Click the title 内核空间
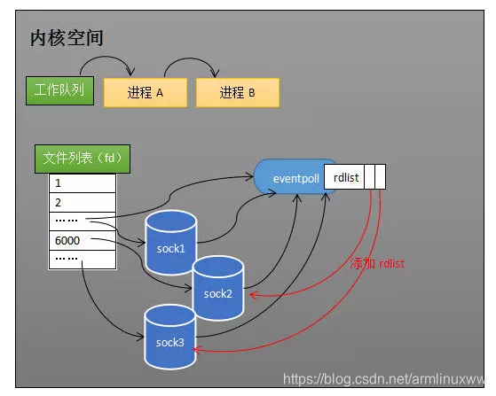[x=67, y=38]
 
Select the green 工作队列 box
[x=59, y=90]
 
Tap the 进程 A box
[x=146, y=93]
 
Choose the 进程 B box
[x=238, y=93]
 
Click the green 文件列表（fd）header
[x=83, y=159]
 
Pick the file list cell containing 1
[x=83, y=183]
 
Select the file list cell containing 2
[x=83, y=202]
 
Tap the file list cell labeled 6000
[x=83, y=241]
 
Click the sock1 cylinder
[x=171, y=243]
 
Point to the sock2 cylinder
[x=218, y=288]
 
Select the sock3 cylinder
[x=169, y=337]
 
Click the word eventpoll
[x=295, y=179]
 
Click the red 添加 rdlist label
[x=377, y=263]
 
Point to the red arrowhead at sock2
[x=252, y=295]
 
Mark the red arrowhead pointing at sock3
[x=196, y=350]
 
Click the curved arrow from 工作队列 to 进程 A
[x=106, y=57]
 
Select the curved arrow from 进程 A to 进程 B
[x=192, y=58]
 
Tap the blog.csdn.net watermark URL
[x=383, y=379]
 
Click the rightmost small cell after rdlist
[x=381, y=177]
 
